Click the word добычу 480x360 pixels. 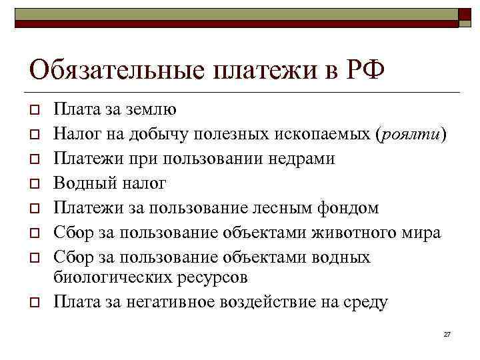pyautogui.click(x=166, y=134)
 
